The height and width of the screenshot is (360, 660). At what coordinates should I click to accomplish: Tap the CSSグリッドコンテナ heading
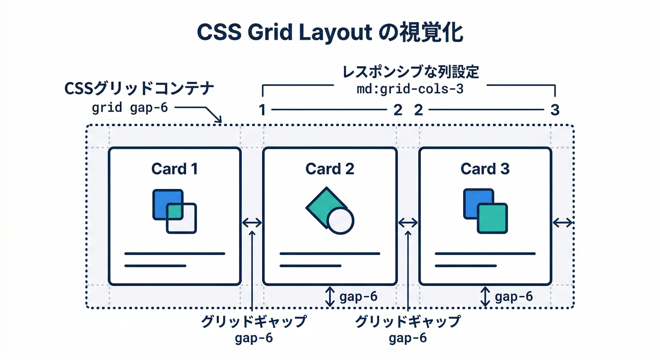click(x=139, y=89)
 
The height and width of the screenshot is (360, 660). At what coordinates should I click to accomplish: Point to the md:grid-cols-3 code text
click(x=410, y=89)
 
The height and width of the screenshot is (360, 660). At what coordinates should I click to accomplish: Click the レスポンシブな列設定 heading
click(x=410, y=73)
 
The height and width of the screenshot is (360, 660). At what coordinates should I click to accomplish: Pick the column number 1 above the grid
click(x=262, y=111)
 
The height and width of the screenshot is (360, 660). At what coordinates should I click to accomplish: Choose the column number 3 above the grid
click(x=555, y=111)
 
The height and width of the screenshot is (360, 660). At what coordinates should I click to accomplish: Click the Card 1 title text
click(x=174, y=169)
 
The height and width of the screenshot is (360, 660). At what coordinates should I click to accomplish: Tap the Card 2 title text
click(x=330, y=169)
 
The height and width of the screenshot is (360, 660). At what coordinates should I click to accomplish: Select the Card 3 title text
click(x=485, y=169)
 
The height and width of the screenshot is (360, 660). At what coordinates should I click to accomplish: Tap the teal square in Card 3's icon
click(x=492, y=218)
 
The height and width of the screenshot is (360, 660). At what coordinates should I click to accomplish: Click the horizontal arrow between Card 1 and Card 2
click(x=252, y=223)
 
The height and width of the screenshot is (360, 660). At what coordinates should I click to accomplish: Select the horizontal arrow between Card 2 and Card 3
click(x=407, y=223)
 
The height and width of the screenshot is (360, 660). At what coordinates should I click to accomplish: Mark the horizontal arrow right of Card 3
click(x=562, y=223)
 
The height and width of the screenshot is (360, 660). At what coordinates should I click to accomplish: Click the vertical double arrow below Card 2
click(x=330, y=297)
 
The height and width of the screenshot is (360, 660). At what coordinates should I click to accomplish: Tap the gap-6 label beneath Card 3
click(x=514, y=297)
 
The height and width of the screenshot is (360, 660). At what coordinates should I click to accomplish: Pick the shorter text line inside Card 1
click(x=155, y=266)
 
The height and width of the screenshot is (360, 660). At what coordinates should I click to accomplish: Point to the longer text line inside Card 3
click(x=485, y=254)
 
